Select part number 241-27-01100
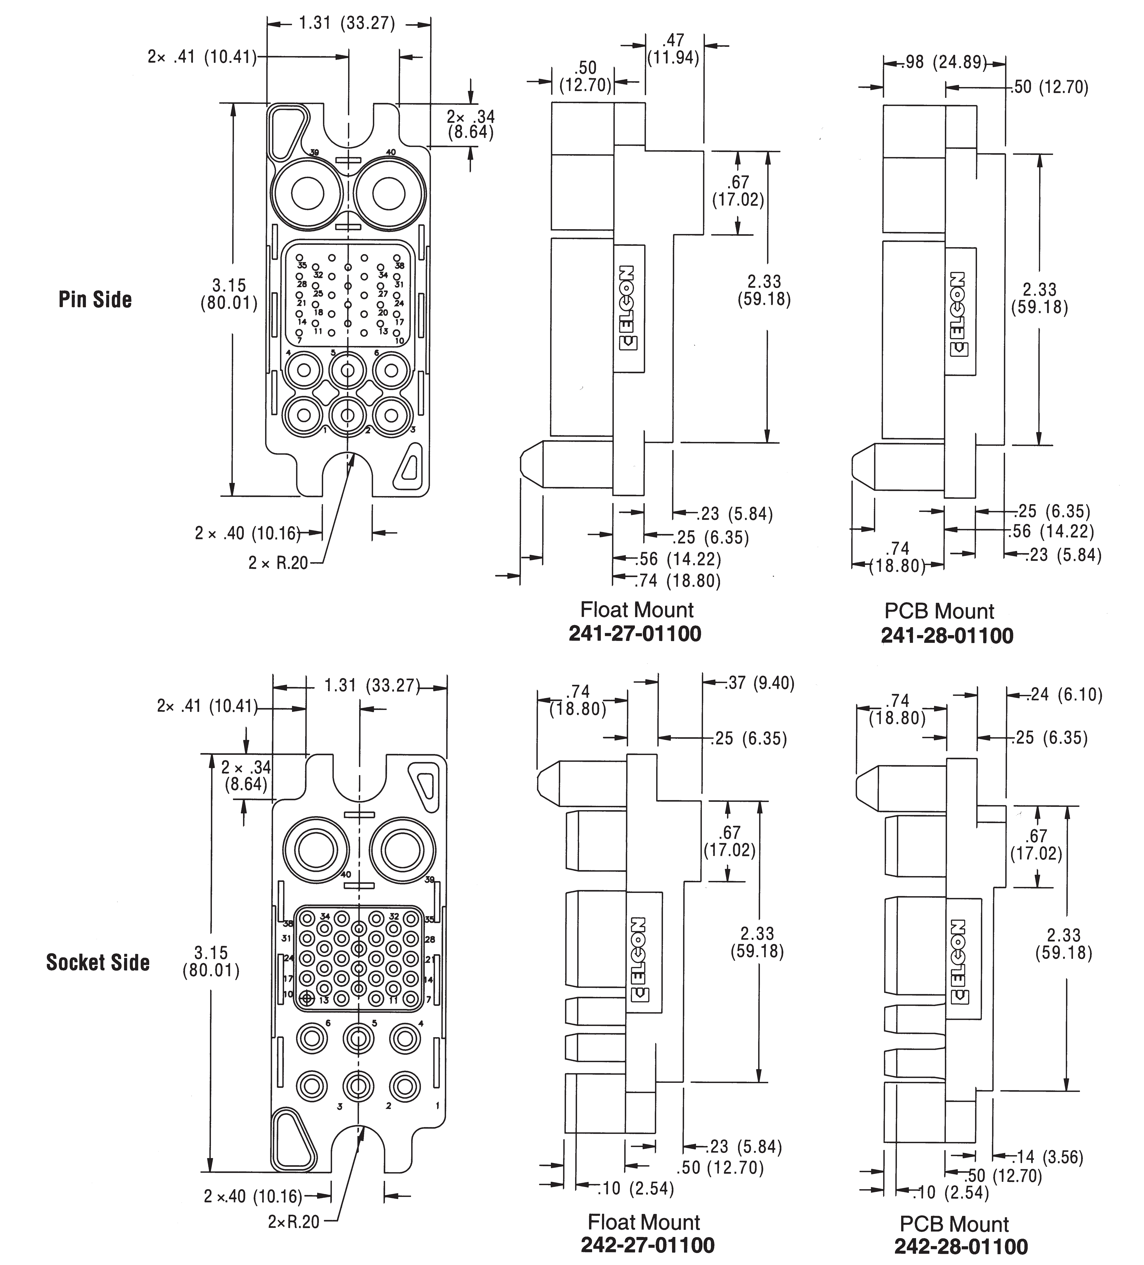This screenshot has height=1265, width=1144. point(635,634)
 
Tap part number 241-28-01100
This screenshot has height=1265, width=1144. point(947,636)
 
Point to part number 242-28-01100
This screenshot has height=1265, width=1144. point(961,1246)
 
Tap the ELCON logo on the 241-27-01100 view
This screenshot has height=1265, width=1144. point(628,307)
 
